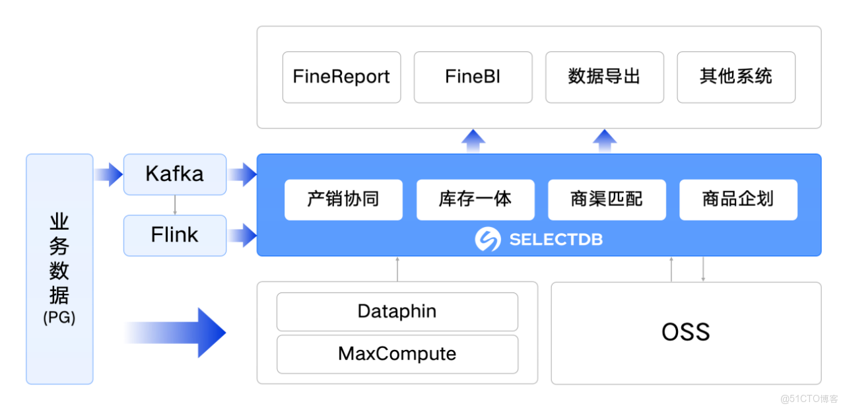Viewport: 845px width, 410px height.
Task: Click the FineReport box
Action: point(341,77)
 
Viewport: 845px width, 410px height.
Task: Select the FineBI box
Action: point(473,77)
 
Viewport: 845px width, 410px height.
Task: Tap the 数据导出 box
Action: point(604,77)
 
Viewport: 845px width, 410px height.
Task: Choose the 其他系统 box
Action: point(736,77)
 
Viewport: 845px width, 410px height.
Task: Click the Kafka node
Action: point(175,174)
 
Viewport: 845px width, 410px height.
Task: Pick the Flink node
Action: point(175,235)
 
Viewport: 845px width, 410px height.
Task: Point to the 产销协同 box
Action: point(343,199)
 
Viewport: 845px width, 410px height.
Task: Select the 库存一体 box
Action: point(475,199)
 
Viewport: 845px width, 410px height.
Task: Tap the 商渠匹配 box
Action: point(607,199)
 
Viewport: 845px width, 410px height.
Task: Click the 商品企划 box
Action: point(738,199)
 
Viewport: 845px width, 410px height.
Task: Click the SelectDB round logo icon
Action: point(488,240)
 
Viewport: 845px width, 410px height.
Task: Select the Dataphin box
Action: point(397,312)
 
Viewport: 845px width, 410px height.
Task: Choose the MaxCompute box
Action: point(397,354)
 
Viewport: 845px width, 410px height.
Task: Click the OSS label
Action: point(686,332)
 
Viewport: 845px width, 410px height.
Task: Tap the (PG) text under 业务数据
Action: point(59,318)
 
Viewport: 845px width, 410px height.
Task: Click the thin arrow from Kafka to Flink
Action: point(175,205)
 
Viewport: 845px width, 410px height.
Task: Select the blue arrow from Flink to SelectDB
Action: point(242,235)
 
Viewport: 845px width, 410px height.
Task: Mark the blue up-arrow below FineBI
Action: point(473,141)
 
